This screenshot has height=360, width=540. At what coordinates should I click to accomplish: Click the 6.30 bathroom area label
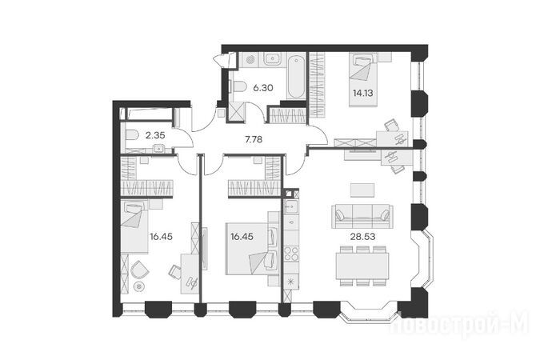(262, 88)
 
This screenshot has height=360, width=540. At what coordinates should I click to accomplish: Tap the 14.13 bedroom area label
(362, 93)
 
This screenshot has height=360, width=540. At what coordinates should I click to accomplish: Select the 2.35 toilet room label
(155, 135)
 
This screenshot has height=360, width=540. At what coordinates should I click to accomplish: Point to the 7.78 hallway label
(254, 139)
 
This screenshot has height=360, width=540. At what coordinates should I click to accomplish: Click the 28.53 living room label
(362, 237)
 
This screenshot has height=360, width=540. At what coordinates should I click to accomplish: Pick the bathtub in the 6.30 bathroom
(296, 78)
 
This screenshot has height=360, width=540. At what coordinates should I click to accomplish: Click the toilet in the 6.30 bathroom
(238, 87)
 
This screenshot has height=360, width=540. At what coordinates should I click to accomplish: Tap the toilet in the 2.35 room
(131, 136)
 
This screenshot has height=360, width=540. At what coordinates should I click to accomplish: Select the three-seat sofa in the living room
(362, 216)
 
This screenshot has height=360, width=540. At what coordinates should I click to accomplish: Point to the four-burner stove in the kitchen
(291, 254)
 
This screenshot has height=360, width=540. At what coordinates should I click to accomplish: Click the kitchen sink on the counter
(291, 206)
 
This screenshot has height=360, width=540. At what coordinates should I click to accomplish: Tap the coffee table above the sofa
(362, 190)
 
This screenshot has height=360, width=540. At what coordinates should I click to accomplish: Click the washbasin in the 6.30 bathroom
(273, 59)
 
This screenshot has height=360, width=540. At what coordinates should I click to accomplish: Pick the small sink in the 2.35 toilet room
(158, 149)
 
